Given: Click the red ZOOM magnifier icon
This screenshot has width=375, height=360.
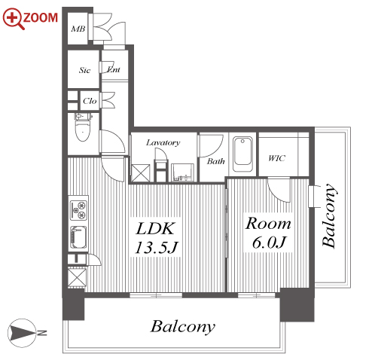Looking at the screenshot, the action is pos(14,19).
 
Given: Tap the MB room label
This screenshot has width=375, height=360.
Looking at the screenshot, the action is pos(78,29).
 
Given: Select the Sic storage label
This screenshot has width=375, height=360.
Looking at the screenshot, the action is pos(84,70).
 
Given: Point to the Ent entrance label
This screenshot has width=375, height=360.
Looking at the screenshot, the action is pos(114,69).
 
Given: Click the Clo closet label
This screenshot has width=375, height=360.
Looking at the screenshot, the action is pos(90,101).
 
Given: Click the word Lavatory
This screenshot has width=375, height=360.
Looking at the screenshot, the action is pos(163,142).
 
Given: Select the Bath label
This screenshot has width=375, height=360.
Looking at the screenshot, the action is pos(215,161).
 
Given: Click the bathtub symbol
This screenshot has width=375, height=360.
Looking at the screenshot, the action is pos(242,154).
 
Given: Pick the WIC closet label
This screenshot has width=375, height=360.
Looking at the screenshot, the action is pos(276,158).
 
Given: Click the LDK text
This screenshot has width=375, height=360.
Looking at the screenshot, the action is pos(155,228).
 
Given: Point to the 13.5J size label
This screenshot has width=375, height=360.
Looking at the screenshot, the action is pos(156,247).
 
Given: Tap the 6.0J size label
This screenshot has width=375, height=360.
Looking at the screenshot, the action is pos(270,243).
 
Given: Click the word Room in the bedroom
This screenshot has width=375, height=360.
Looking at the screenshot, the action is pos(268,223).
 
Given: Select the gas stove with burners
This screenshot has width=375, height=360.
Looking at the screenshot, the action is pos(78,210).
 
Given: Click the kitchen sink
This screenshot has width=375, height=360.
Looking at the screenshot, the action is pos(78,238).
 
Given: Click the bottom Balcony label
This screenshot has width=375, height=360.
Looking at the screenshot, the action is pos(183,327).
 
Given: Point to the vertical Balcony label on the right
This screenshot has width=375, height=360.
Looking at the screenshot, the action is pos(329,216).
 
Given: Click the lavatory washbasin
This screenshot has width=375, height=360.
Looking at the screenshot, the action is pos(182,172).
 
